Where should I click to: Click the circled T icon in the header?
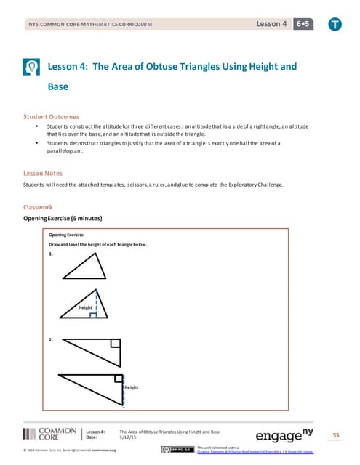click(334, 25)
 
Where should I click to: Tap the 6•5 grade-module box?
click(302, 25)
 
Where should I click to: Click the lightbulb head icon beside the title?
click(31, 67)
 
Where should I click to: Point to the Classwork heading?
click(38, 207)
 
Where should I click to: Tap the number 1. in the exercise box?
click(51, 254)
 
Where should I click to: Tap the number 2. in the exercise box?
click(51, 339)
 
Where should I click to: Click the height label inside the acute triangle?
click(86, 307)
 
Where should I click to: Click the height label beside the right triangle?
click(131, 387)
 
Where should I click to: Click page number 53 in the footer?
click(335, 435)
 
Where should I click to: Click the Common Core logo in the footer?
click(49, 434)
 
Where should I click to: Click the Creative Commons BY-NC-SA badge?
click(177, 450)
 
